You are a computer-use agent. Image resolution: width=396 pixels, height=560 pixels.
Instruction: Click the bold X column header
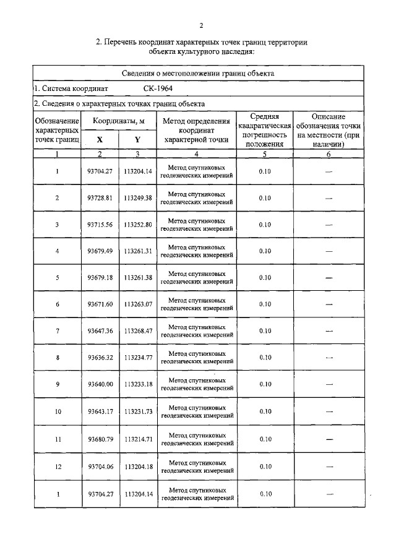pos(100,140)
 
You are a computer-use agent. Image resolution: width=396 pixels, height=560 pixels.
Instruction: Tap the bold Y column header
pos(137,140)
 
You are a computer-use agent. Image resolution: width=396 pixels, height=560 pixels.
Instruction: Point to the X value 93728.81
pos(100,198)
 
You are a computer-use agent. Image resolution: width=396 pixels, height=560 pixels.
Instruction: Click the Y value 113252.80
pos(138,225)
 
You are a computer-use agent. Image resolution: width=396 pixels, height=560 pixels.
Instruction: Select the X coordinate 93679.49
pos(100,251)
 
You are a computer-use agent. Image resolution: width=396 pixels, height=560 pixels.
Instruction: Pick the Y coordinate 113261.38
pos(138,278)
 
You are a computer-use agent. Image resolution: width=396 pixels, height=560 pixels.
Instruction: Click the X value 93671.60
pos(100,304)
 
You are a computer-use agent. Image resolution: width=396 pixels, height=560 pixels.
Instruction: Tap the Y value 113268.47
pos(138,331)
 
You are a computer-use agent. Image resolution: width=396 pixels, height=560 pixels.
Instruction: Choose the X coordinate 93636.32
pos(100,358)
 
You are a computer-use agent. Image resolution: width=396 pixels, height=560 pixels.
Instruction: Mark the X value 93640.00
pos(100,384)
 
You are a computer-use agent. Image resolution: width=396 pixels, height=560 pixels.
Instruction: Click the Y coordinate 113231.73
pos(138,411)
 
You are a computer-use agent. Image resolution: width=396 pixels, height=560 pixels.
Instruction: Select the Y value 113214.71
pos(138,439)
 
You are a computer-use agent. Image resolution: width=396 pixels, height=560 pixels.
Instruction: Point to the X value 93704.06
pos(100,467)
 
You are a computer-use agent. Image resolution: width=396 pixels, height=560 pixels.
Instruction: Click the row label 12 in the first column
pos(57,467)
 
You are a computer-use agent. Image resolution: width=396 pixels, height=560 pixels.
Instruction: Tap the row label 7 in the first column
pos(57,331)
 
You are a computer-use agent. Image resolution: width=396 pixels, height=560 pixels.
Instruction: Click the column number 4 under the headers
pos(196,154)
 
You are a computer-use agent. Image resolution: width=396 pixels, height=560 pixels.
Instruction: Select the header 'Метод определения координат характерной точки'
pos(196,131)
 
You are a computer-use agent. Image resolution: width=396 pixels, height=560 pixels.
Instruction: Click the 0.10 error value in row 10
pos(265,411)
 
